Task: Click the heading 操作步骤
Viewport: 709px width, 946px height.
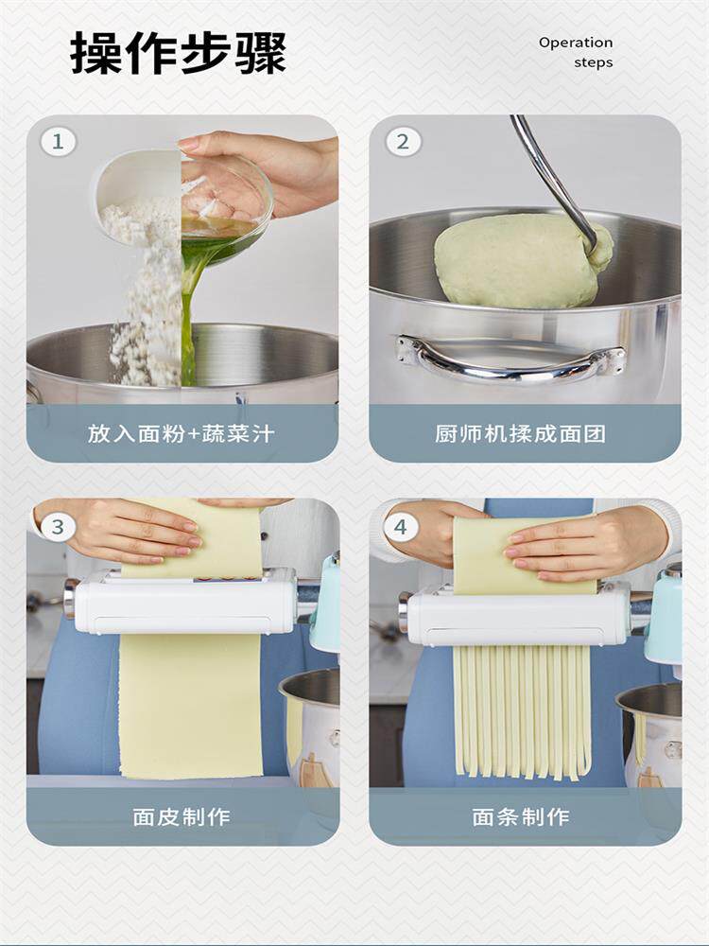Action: pos(178,53)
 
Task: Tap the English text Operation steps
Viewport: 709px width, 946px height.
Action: pos(576,52)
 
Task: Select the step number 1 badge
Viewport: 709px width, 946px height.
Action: pos(58,142)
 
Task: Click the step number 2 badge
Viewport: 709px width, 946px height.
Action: pos(402,142)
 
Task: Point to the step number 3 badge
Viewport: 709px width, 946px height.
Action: pos(58,526)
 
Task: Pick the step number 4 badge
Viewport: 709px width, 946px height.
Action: pos(400,527)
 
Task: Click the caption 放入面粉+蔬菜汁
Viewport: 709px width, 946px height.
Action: pos(182,433)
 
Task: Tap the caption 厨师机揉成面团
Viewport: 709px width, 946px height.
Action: pos(520,433)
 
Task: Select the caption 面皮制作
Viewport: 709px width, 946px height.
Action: pos(182,817)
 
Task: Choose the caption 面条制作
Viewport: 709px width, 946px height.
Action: pos(520,817)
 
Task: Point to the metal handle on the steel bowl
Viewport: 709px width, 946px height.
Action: pos(510,359)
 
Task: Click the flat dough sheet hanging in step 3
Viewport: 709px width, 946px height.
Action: pos(191,705)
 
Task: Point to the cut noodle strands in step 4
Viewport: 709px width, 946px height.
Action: pos(522,712)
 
